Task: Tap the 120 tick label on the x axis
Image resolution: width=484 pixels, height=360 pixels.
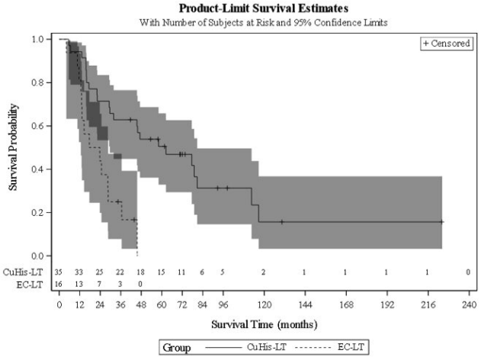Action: pyautogui.click(x=263, y=304)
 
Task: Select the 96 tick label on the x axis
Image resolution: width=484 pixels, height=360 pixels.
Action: pyautogui.click(x=223, y=304)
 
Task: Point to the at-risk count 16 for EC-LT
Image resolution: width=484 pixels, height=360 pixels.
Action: pyautogui.click(x=59, y=283)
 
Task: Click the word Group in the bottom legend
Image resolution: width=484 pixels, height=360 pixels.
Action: pyautogui.click(x=175, y=347)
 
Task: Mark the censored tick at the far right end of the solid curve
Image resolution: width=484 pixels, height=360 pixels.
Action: pyautogui.click(x=441, y=222)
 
